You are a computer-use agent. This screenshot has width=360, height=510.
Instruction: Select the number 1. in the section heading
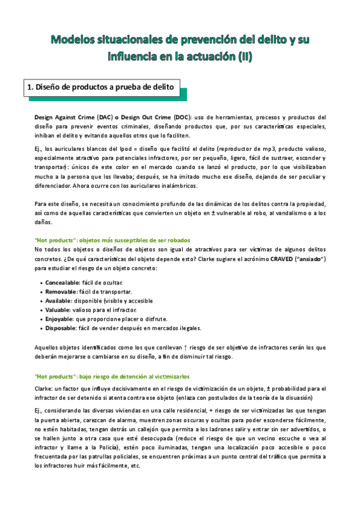pyautogui.click(x=31, y=88)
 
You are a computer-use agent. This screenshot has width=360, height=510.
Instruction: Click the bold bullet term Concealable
pyautogui.click(x=65, y=283)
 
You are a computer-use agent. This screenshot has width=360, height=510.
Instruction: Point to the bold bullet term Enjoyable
pyautogui.click(x=61, y=319)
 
